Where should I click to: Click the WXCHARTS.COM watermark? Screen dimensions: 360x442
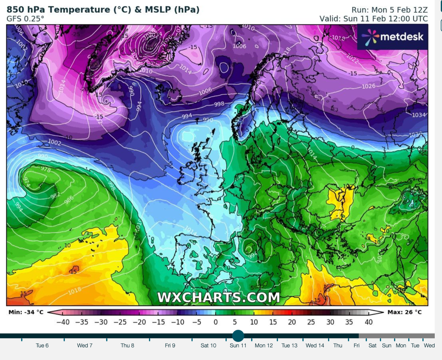218,297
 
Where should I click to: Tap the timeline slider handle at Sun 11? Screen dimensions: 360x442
238,336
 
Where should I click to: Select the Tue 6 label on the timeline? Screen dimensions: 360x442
42,346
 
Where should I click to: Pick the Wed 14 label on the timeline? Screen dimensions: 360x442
315,346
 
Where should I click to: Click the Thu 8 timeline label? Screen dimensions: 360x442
127,346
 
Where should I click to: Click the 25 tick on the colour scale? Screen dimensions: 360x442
311,322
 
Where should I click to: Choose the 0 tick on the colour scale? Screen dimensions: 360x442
216,322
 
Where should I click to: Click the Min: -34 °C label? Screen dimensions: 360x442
26,312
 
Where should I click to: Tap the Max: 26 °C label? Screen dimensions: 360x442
405,312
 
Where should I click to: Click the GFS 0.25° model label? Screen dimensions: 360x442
25,18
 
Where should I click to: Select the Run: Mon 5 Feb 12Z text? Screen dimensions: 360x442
389,9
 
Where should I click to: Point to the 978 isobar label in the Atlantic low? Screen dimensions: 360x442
46,169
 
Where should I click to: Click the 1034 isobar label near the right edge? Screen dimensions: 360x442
419,115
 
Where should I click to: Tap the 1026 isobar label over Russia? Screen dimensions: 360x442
368,86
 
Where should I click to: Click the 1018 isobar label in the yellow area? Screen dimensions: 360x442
75,291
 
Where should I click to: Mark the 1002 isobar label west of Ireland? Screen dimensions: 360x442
55,142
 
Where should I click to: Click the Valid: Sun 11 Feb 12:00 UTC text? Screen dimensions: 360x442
373,18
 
